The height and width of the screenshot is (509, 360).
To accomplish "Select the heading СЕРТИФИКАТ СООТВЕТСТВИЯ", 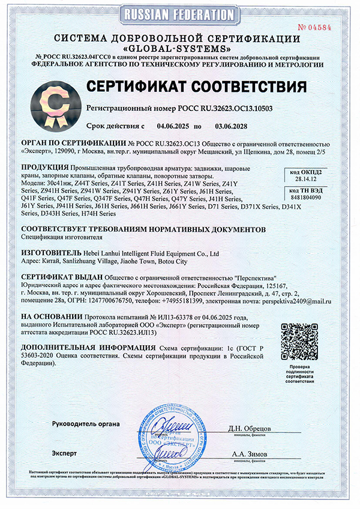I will pyautogui.click(x=197, y=85).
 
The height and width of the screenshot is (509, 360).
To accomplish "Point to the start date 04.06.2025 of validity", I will pyautogui.click(x=173, y=127).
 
